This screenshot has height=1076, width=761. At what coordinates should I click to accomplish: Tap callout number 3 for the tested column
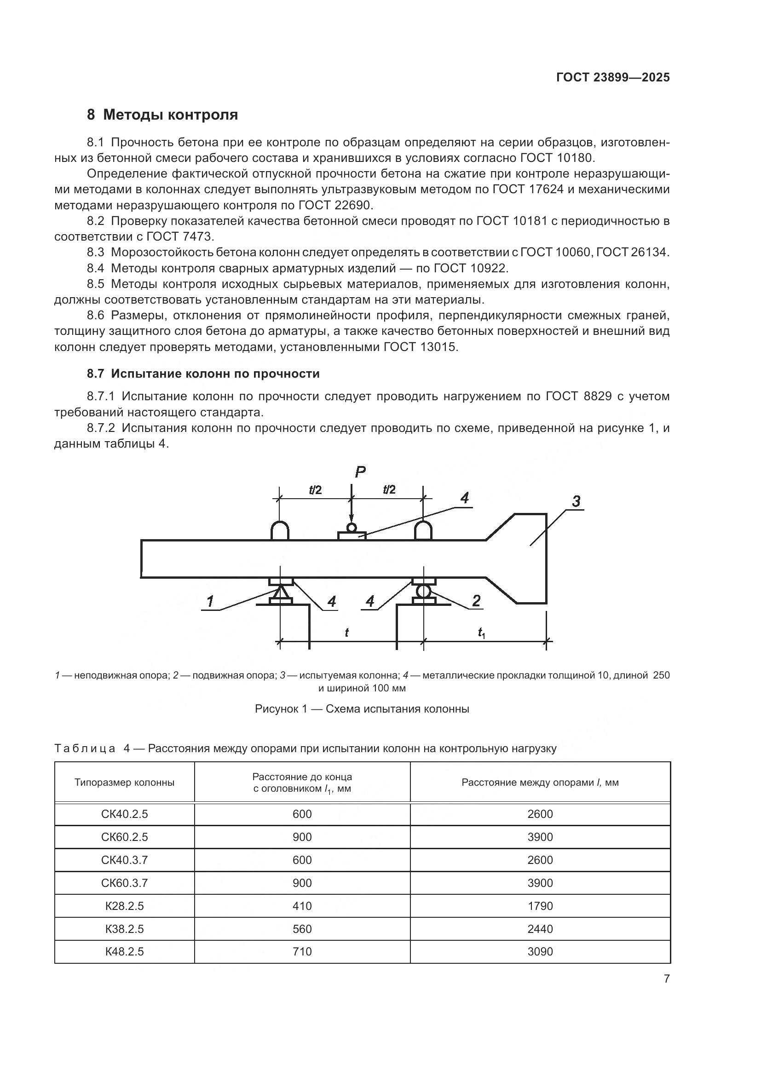576,501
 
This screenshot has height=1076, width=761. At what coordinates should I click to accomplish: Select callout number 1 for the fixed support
210,601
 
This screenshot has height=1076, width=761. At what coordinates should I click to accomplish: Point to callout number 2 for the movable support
476,601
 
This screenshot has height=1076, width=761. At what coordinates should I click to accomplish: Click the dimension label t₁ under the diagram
481,633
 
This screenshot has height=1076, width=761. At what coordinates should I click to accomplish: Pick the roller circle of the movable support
423,592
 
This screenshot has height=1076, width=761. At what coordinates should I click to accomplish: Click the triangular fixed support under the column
281,593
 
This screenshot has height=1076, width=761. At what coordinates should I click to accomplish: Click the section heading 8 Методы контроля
162,115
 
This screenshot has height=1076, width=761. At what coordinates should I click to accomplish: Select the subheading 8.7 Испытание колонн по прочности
203,374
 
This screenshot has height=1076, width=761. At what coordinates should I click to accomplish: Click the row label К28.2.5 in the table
124,906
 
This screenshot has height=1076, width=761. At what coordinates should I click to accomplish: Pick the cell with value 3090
540,951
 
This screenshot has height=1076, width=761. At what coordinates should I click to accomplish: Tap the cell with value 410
302,906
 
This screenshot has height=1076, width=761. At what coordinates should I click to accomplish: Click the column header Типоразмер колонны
124,782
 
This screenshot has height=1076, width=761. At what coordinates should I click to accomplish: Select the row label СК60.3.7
124,883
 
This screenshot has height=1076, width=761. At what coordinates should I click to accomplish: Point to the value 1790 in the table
540,906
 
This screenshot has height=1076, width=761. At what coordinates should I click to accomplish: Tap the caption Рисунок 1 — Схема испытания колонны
362,708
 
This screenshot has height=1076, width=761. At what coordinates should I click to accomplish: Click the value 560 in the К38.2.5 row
302,929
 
